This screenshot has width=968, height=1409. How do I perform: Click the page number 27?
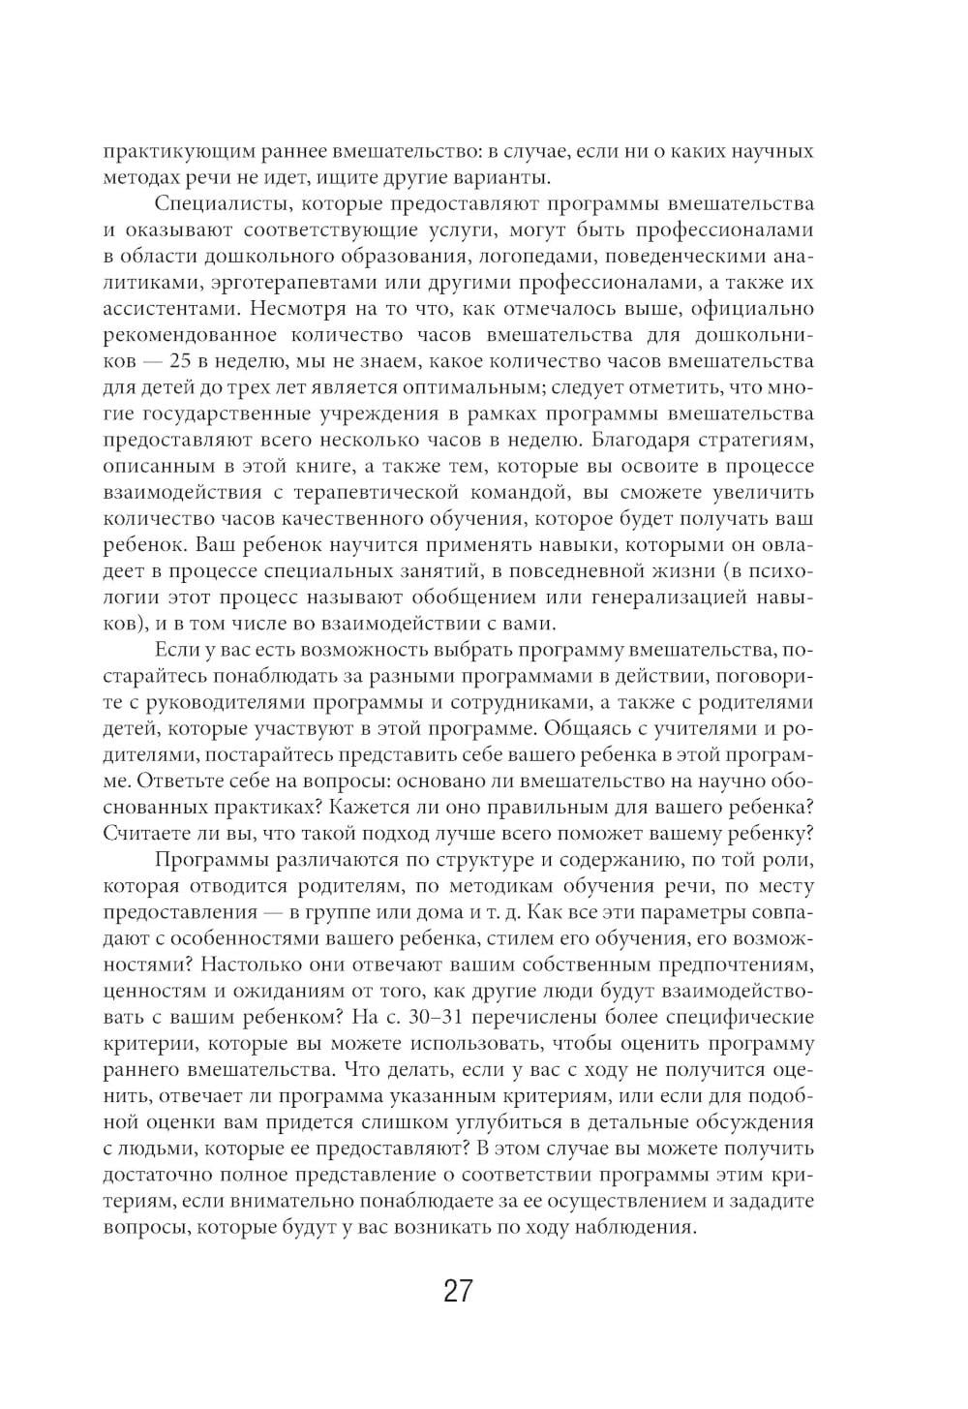[457, 1292]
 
